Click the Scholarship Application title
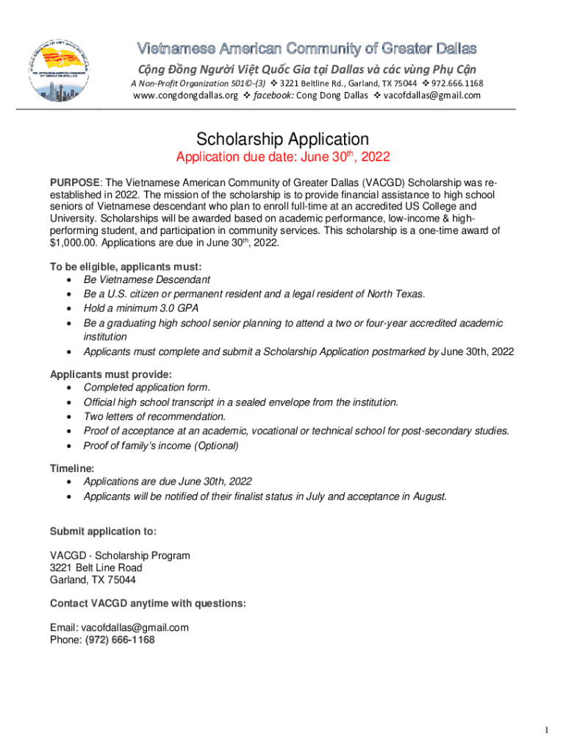[x=282, y=139]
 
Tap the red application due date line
[x=282, y=157]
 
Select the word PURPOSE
[x=74, y=182]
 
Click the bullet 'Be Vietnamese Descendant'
[x=146, y=280]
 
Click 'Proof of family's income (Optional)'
[x=161, y=446]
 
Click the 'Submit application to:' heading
[x=103, y=532]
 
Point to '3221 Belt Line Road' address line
[x=96, y=568]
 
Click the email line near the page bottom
[x=119, y=627]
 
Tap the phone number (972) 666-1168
[x=118, y=640]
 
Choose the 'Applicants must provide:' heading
[x=110, y=374]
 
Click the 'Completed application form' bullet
[x=147, y=388]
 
